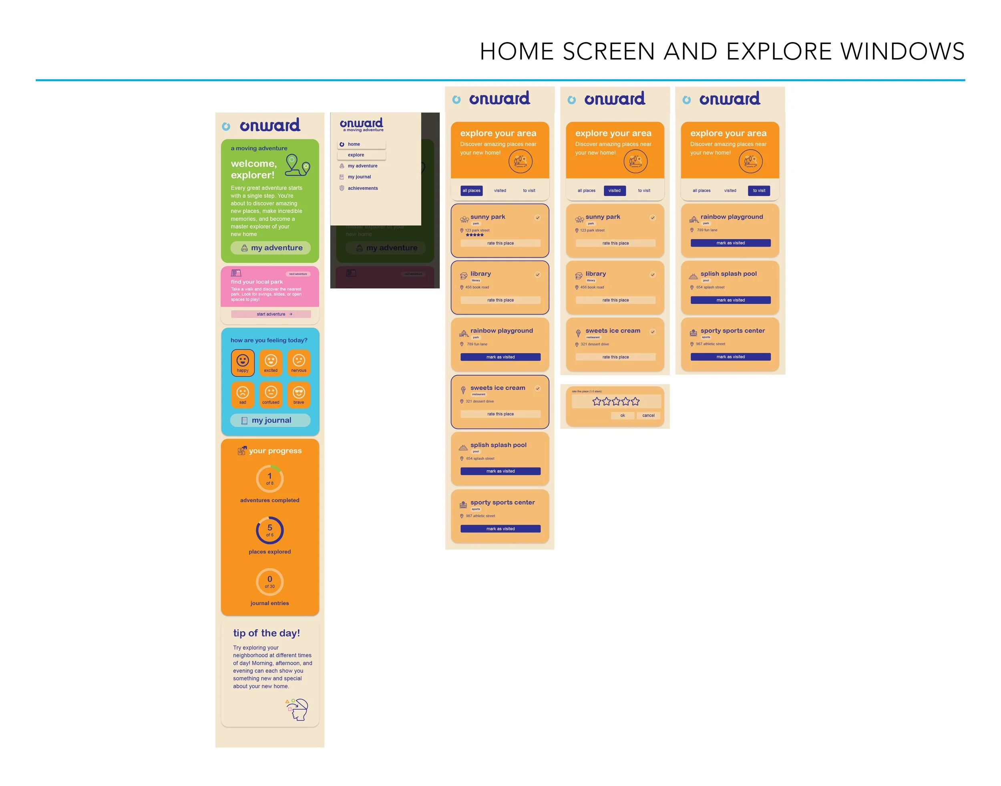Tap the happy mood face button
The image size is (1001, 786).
243,363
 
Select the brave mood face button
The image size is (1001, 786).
299,394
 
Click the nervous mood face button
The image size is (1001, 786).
299,363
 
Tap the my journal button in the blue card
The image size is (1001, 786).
270,420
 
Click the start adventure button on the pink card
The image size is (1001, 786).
271,314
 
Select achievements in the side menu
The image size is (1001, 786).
362,188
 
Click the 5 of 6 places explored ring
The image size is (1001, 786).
270,530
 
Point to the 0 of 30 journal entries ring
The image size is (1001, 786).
270,581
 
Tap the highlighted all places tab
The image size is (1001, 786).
472,190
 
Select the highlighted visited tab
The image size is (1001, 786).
614,190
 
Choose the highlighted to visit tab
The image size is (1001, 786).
759,190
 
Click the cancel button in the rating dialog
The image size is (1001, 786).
648,415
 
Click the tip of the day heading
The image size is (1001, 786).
267,633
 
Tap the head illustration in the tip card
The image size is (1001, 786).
297,710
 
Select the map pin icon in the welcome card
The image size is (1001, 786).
297,166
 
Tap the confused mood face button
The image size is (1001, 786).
271,394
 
